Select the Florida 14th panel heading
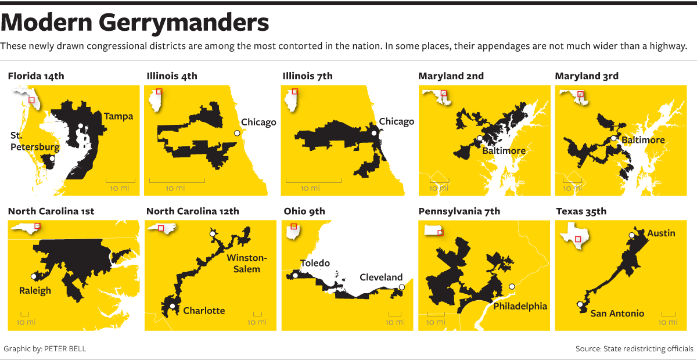tap(36, 76)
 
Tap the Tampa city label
tap(118, 116)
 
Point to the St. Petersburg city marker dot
tap(52, 158)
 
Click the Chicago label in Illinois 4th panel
tap(258, 122)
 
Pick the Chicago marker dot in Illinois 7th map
tap(375, 133)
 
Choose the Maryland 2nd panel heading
tap(451, 76)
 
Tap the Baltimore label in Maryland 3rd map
tap(643, 140)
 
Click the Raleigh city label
tap(35, 290)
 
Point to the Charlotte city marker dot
tap(172, 307)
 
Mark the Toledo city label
tap(315, 263)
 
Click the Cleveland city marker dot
tap(402, 286)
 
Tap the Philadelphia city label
tap(520, 306)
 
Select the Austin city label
tap(662, 233)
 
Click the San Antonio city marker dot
tap(579, 304)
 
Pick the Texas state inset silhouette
tap(574, 235)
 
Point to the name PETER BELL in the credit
tap(65, 349)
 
